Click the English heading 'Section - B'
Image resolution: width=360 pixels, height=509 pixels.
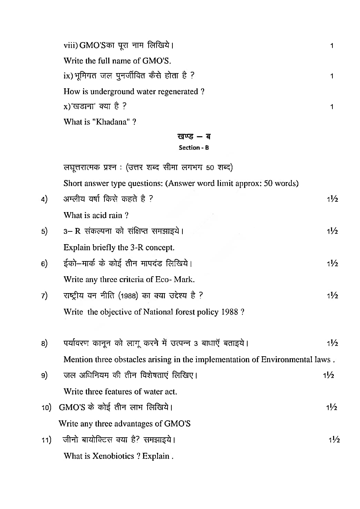194,148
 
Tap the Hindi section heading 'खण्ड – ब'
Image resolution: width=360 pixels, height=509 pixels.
194,136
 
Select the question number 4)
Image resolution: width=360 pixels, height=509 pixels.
44,199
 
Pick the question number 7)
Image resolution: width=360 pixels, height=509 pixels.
44,296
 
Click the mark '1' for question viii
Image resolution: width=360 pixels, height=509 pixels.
332,46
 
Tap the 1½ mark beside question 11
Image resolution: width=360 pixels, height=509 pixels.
334,440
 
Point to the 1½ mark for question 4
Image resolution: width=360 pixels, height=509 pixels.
332,199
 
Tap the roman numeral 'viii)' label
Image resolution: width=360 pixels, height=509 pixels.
71,46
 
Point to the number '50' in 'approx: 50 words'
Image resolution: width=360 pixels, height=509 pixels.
268,183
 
